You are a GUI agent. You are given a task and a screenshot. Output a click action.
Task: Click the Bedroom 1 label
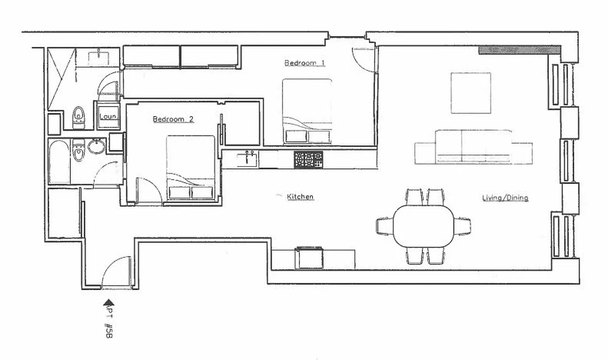[x=304, y=63]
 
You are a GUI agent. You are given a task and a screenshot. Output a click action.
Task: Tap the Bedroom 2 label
[x=173, y=119]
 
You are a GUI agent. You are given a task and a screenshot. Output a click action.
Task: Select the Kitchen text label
[x=300, y=197]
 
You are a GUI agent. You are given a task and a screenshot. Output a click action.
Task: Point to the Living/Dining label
[x=505, y=198]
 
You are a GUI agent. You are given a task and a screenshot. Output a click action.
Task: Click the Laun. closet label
[x=108, y=117]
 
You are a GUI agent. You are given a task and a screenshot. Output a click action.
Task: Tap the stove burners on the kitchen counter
[x=308, y=159]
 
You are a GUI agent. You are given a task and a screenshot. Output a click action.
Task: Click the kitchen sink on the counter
[x=248, y=158]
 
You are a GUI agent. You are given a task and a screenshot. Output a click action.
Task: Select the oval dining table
[x=424, y=226]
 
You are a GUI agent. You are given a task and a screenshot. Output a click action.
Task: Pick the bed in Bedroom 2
[x=191, y=167]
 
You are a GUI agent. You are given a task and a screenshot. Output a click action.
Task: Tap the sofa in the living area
[x=473, y=147]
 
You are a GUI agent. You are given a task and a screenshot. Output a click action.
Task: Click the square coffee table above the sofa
[x=470, y=93]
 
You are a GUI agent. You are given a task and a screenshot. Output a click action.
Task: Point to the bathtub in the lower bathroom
[x=59, y=162]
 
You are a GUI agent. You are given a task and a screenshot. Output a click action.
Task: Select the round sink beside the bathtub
[x=96, y=146]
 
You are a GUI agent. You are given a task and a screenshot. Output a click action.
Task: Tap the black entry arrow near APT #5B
[x=108, y=303]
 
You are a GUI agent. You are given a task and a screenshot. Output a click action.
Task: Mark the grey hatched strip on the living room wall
[x=519, y=49]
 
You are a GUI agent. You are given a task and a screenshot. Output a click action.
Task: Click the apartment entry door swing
[x=117, y=272]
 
